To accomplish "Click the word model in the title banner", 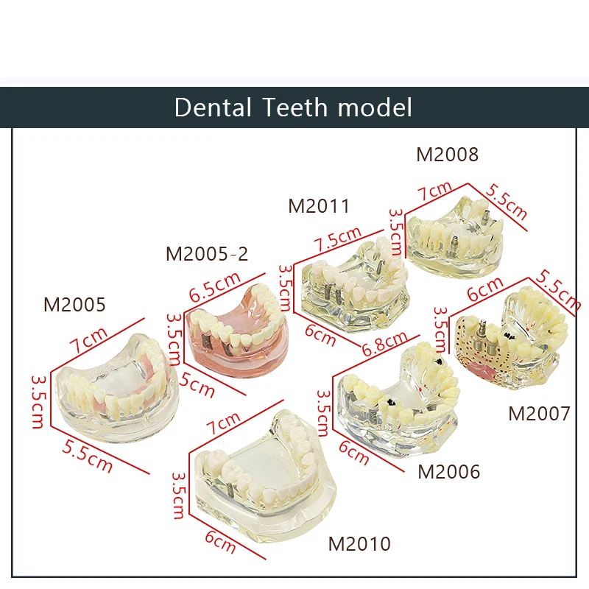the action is click(x=375, y=107).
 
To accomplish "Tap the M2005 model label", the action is click(x=74, y=304).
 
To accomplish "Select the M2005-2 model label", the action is click(x=207, y=254).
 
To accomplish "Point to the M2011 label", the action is click(x=319, y=205).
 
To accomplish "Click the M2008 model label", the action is click(x=447, y=155).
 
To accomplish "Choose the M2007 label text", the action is click(x=539, y=414).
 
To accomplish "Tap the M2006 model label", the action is click(x=448, y=471).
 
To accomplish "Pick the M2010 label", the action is click(x=359, y=544).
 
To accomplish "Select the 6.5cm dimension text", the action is click(x=216, y=286).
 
